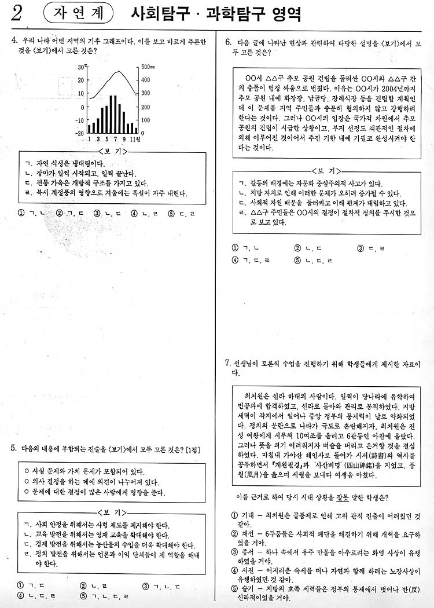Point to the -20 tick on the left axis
click(x=79, y=133)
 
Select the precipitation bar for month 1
click(x=89, y=129)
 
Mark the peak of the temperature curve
click(x=119, y=72)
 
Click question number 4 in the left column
click(x=13, y=41)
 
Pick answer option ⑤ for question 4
click(x=171, y=213)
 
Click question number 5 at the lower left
click(x=13, y=448)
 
